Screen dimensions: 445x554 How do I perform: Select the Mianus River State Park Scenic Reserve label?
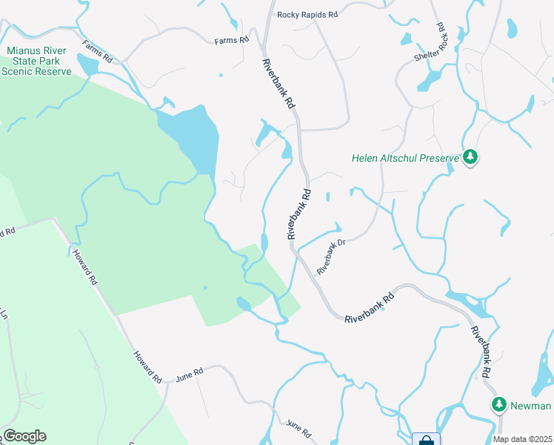click(36, 62)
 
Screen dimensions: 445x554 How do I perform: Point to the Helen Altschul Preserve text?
click(405, 158)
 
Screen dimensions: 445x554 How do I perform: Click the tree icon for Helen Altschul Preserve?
click(470, 157)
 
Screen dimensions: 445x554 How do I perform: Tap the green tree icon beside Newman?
click(499, 405)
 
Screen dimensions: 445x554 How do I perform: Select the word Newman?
click(531, 406)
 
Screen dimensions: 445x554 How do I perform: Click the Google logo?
click(24, 436)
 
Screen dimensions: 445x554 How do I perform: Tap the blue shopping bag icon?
click(426, 440)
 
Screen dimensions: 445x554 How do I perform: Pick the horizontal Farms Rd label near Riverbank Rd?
click(231, 40)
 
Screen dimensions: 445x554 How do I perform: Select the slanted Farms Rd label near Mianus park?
click(97, 51)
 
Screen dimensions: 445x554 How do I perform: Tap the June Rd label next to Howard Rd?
click(188, 375)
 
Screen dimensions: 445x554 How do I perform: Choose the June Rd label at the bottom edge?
click(298, 428)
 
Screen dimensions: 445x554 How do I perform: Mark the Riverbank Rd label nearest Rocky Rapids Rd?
click(275, 86)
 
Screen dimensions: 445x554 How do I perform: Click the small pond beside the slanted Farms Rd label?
click(87, 65)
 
